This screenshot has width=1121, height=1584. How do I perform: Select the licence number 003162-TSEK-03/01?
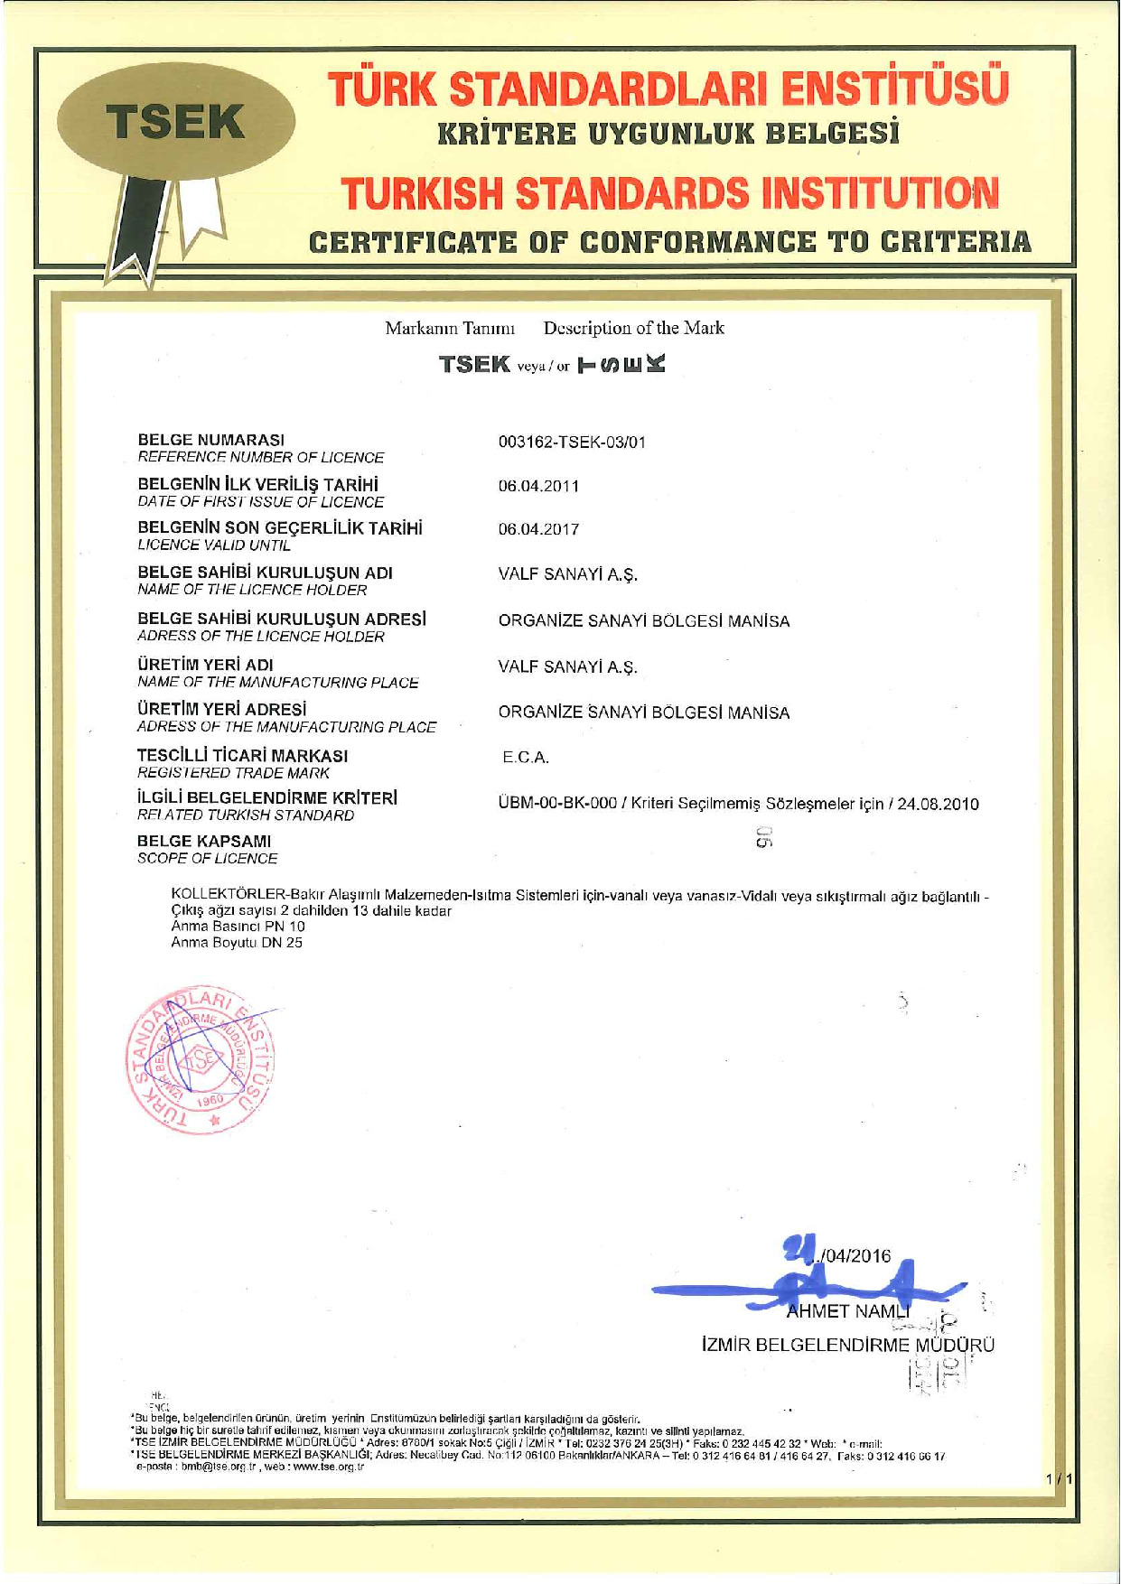pos(572,443)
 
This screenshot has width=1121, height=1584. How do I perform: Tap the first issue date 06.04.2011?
pos(538,486)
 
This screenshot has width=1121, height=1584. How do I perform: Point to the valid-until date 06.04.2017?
pos(538,529)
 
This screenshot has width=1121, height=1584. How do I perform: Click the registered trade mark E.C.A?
pos(526,758)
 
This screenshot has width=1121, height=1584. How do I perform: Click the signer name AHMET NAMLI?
pos(847,1311)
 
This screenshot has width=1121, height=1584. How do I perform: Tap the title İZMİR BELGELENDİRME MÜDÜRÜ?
pos(847,1345)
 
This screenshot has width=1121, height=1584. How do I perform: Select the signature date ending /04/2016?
pos(849,1256)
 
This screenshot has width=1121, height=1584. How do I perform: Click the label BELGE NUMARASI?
pos(210,440)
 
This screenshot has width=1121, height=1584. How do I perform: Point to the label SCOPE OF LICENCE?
pos(207,859)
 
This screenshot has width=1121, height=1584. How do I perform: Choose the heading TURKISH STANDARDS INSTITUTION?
pos(669,193)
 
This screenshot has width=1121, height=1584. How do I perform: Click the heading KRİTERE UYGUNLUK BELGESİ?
pos(668,135)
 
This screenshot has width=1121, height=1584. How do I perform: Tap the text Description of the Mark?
pos(633,328)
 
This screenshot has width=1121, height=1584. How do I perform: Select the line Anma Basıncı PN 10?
pos(238,927)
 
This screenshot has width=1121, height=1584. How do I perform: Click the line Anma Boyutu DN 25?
pos(237,943)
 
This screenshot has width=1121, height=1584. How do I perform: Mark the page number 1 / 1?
pos(1058,1479)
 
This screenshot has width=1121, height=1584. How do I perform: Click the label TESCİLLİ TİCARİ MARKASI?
pos(242,755)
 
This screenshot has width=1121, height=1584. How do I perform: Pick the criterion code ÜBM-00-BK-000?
pos(557,804)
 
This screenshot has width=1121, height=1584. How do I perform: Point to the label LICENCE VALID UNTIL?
pos(214,545)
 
